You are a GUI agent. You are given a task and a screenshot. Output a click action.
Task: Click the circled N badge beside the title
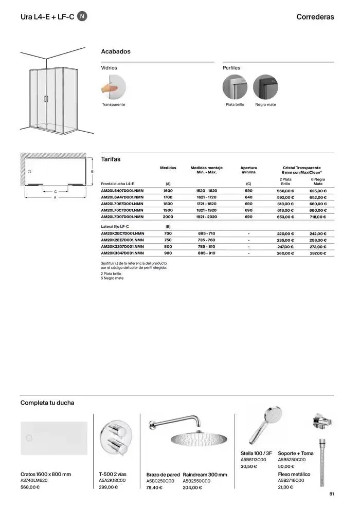point(82,16)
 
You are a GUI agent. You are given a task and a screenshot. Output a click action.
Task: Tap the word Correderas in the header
point(315,17)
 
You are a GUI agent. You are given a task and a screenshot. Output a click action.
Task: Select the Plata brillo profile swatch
point(235,87)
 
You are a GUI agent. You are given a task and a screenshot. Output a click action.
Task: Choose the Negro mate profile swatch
point(265,87)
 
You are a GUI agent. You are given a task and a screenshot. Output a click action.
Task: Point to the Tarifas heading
point(111,159)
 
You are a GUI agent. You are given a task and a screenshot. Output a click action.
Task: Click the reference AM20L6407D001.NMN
point(122,190)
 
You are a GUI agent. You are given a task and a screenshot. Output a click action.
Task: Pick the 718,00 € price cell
point(318,217)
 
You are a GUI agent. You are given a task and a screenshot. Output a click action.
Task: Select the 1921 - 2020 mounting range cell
point(206,217)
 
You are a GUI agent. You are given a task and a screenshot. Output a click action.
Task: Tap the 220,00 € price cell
point(285,233)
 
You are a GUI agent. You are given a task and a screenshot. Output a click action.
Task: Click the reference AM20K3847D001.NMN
point(122,253)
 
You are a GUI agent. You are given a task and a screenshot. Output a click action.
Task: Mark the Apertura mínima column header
point(248,170)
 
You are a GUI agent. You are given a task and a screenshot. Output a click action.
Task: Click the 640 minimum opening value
point(248,197)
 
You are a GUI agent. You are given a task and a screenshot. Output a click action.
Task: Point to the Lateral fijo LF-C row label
point(115,226)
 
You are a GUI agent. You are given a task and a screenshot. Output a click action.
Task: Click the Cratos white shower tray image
point(53,438)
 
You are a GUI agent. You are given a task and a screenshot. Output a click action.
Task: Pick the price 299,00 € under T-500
point(108,487)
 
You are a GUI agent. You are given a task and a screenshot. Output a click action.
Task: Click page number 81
point(332,494)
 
